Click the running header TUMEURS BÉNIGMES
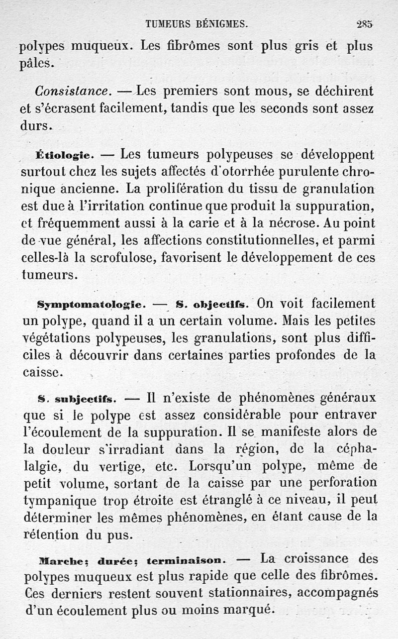197,23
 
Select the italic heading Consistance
73,92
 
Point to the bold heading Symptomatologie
91,304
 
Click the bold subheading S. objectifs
215,304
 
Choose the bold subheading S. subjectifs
77,399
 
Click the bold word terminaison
187,560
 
